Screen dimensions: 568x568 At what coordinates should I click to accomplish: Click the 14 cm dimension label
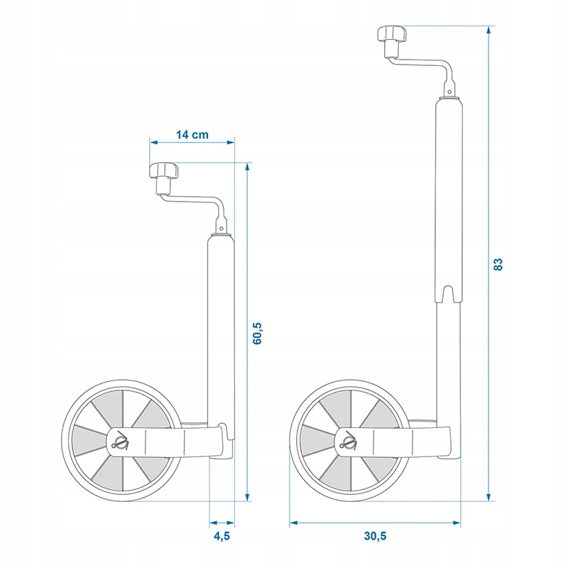[x=191, y=135]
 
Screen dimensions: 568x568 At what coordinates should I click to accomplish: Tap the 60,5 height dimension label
[x=258, y=333]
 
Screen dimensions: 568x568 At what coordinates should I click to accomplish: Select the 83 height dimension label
[x=498, y=264]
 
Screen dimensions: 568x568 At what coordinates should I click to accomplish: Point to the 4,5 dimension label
[x=222, y=537]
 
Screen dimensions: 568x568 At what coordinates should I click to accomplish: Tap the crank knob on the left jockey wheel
[x=163, y=171]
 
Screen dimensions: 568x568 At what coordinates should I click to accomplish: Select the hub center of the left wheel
[x=119, y=443]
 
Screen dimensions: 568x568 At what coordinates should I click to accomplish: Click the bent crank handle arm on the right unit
[x=426, y=66]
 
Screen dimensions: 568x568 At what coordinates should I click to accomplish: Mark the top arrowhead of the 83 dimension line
[x=488, y=32]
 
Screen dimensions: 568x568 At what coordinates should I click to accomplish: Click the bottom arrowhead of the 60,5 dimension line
[x=247, y=496]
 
